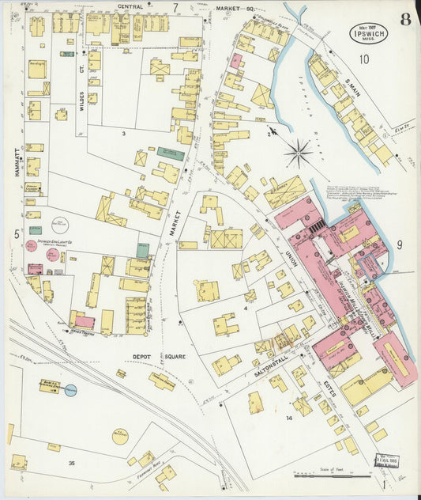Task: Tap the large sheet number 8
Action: (x=404, y=20)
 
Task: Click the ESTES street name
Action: (x=329, y=386)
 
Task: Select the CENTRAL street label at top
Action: (x=130, y=6)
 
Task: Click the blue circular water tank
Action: (x=71, y=390)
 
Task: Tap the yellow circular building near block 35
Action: (x=120, y=436)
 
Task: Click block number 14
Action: (x=289, y=418)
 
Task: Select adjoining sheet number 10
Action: (x=364, y=59)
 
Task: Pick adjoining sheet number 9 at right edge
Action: (x=400, y=245)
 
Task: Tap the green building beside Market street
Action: (x=170, y=153)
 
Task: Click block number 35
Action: (x=72, y=463)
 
